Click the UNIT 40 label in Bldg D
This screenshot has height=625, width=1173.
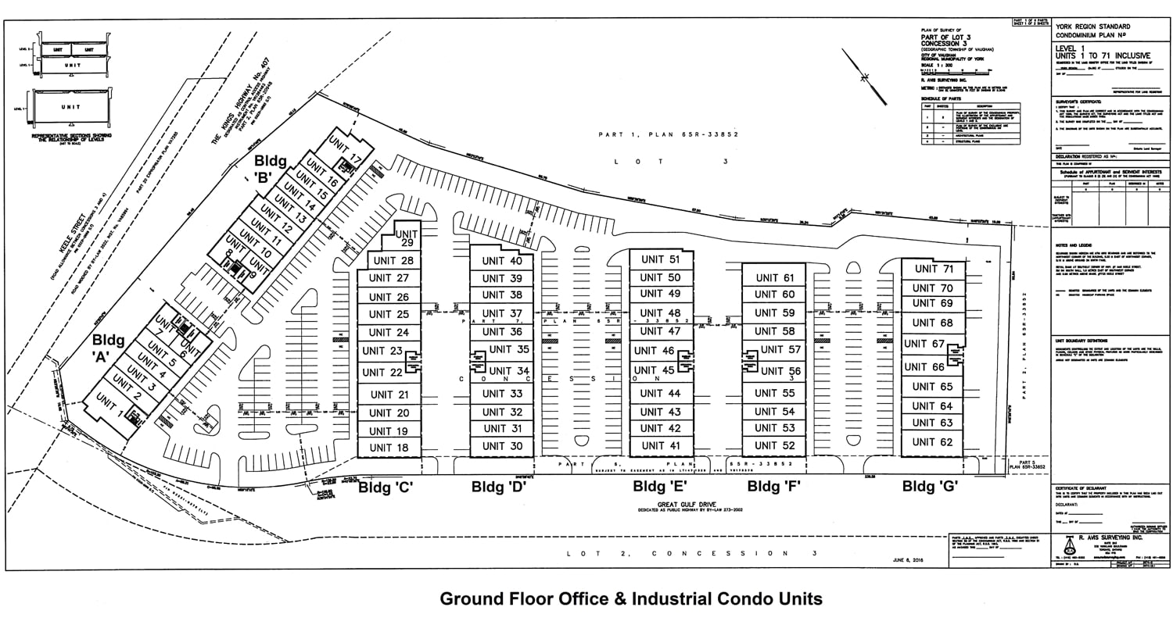point(501,261)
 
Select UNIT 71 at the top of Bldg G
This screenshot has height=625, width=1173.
point(934,269)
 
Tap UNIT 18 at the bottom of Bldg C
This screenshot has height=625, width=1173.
point(388,448)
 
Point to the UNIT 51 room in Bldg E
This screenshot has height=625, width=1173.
point(660,259)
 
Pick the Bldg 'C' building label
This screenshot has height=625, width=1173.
point(386,487)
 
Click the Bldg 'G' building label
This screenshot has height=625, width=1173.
point(930,486)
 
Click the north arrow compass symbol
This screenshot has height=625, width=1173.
point(865,76)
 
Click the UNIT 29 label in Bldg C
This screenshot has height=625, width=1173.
point(407,238)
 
